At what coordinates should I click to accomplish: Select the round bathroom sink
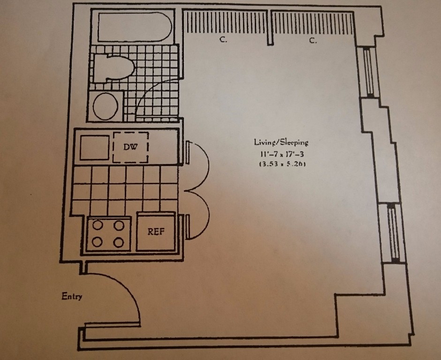pos(106,106)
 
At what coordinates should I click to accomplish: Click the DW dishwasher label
pos(131,147)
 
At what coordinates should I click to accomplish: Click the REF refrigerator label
pos(156,232)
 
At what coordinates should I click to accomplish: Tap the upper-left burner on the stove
pos(98,225)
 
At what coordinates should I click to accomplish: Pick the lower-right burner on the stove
pos(119,242)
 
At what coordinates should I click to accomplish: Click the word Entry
pos(72,296)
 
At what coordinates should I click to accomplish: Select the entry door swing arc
pos(131,291)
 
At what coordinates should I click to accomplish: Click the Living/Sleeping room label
pos(281,142)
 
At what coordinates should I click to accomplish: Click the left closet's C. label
pos(223,40)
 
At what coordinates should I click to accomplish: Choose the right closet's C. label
pos(313,41)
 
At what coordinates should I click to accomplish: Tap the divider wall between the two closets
pos(270,28)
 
